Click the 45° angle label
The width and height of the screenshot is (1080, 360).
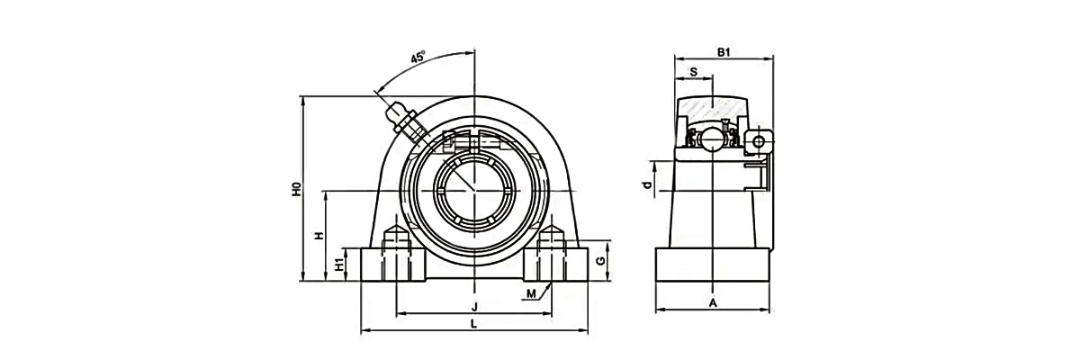pyautogui.click(x=418, y=58)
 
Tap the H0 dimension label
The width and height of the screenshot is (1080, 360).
pyautogui.click(x=295, y=190)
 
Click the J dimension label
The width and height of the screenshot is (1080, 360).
pyautogui.click(x=473, y=305)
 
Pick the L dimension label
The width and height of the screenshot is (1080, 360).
pyautogui.click(x=473, y=324)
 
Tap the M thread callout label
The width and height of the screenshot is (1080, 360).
pyautogui.click(x=531, y=293)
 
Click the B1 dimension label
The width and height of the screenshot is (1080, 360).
pyautogui.click(x=723, y=52)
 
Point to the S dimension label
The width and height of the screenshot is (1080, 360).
pyautogui.click(x=693, y=71)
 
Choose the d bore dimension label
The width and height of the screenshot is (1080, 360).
pyautogui.click(x=645, y=184)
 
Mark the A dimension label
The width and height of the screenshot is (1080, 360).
pyautogui.click(x=713, y=302)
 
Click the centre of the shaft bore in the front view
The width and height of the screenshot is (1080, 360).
pyautogui.click(x=474, y=191)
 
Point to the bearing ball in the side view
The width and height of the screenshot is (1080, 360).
pyautogui.click(x=712, y=139)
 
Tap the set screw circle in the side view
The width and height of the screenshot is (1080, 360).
pyautogui.click(x=760, y=142)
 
